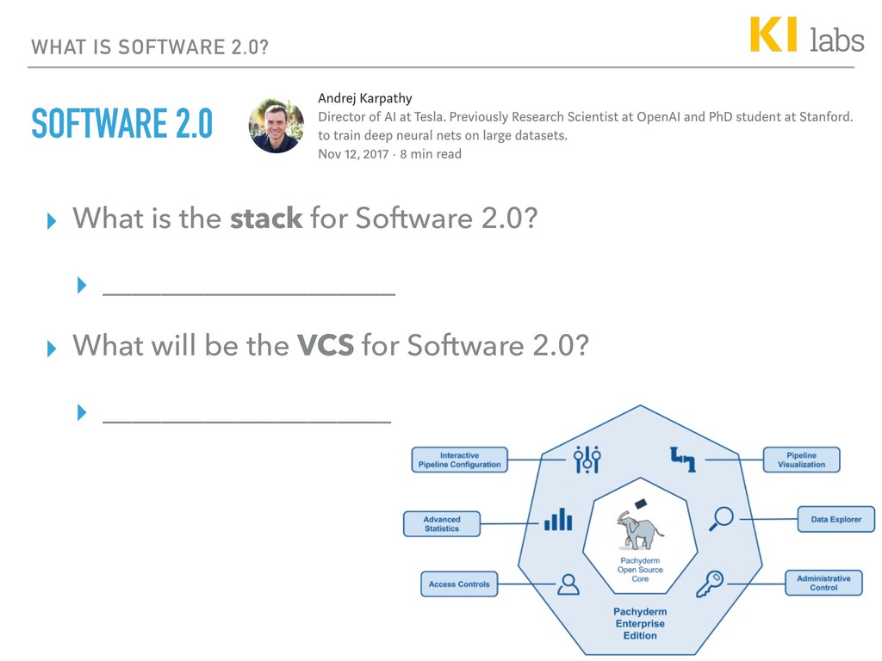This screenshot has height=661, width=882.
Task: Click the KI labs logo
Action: (x=806, y=36)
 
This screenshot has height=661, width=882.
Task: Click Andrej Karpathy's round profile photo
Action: (x=276, y=126)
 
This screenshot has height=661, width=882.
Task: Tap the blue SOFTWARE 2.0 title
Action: (x=121, y=125)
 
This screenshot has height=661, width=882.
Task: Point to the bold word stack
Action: (x=265, y=219)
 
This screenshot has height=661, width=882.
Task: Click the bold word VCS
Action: (x=326, y=346)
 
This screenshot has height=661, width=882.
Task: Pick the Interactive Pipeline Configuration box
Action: (x=459, y=460)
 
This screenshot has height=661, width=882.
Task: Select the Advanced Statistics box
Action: (x=442, y=524)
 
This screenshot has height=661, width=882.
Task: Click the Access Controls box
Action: (x=459, y=584)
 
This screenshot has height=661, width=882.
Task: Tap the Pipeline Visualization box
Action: (x=801, y=460)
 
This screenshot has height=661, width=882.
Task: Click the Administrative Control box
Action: (x=823, y=583)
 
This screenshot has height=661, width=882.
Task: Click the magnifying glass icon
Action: (x=721, y=518)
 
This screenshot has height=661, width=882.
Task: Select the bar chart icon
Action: (x=558, y=519)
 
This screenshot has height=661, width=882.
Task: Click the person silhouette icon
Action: (x=568, y=584)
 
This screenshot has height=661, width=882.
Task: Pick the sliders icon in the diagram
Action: (x=587, y=459)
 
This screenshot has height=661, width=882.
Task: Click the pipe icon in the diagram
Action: (x=683, y=460)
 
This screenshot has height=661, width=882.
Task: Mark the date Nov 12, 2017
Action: (x=354, y=154)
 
